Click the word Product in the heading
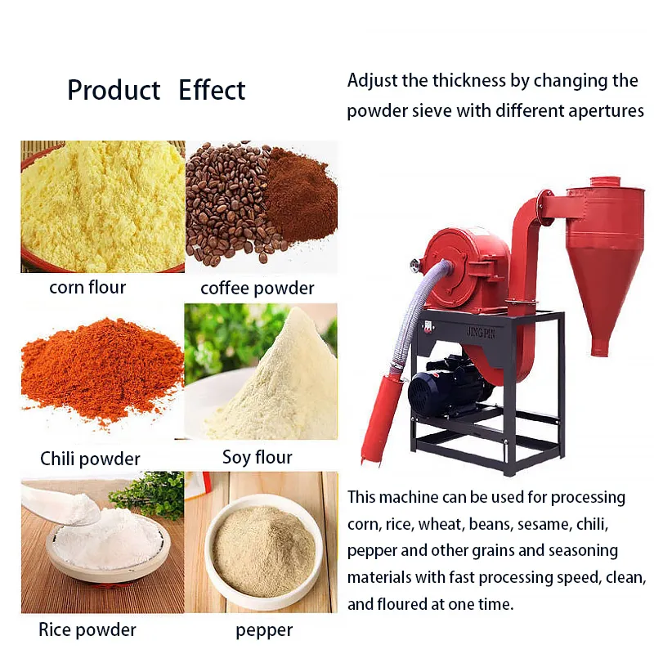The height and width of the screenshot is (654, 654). [x=114, y=90]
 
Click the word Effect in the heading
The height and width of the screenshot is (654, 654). [x=212, y=90]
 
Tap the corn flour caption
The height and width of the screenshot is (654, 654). [x=87, y=288]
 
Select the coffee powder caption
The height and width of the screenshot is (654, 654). [x=258, y=289]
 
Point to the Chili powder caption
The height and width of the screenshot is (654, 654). [x=90, y=459]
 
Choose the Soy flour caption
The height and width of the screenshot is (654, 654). [x=258, y=457]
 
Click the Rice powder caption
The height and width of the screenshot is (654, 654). [x=87, y=629]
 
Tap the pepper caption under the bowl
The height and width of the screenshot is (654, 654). [x=264, y=630]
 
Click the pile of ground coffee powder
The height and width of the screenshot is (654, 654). [x=302, y=195]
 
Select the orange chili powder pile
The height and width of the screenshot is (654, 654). [x=102, y=371]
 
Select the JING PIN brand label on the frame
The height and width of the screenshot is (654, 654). [x=481, y=333]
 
